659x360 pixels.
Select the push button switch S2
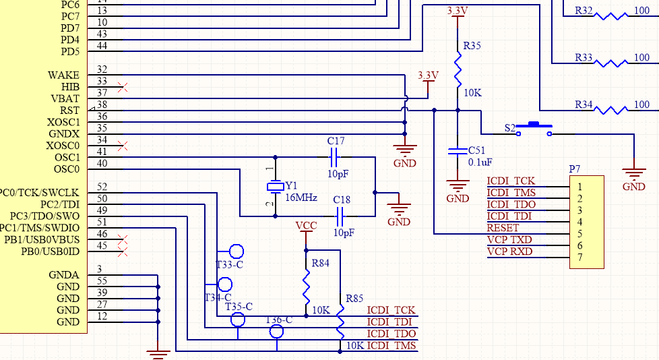[535, 129]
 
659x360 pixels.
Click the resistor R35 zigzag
[458, 67]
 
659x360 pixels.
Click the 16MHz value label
[301, 198]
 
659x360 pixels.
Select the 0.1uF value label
[480, 162]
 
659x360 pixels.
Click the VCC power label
[307, 225]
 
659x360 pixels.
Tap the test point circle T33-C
[236, 251]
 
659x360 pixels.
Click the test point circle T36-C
[276, 331]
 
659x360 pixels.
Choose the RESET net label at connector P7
[503, 228]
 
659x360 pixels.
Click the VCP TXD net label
[509, 240]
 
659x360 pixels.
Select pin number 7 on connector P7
[579, 258]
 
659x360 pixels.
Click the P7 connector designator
[575, 168]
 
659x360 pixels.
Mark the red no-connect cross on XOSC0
[122, 145]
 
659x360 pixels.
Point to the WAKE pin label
[63, 75]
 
